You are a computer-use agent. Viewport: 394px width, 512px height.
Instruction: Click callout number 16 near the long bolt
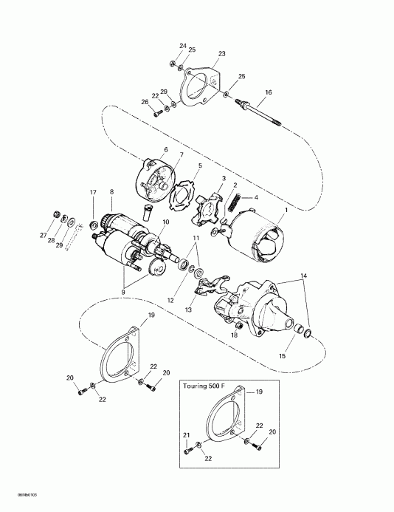pos(269,92)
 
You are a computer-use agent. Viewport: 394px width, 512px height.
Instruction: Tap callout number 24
pos(183,46)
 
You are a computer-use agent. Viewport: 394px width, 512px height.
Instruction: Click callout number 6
pos(165,150)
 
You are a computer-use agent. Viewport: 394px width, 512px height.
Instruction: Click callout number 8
pos(111,192)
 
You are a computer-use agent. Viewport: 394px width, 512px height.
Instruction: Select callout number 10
pos(165,222)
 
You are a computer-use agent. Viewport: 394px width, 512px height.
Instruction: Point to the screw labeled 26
pos(157,113)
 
